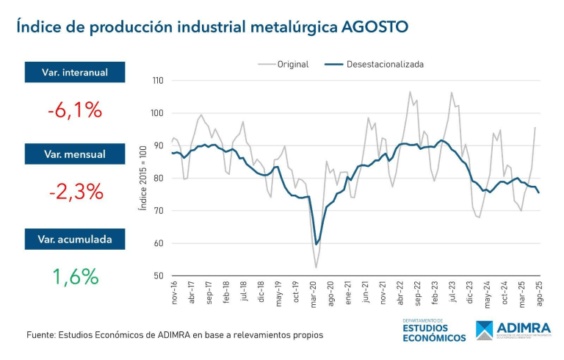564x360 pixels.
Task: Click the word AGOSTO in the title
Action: (x=372, y=27)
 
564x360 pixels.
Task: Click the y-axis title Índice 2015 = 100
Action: (x=142, y=179)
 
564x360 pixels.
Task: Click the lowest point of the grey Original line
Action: (x=317, y=267)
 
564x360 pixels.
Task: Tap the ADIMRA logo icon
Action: (x=485, y=331)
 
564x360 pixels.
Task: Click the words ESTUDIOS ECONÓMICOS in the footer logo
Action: (x=433, y=333)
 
